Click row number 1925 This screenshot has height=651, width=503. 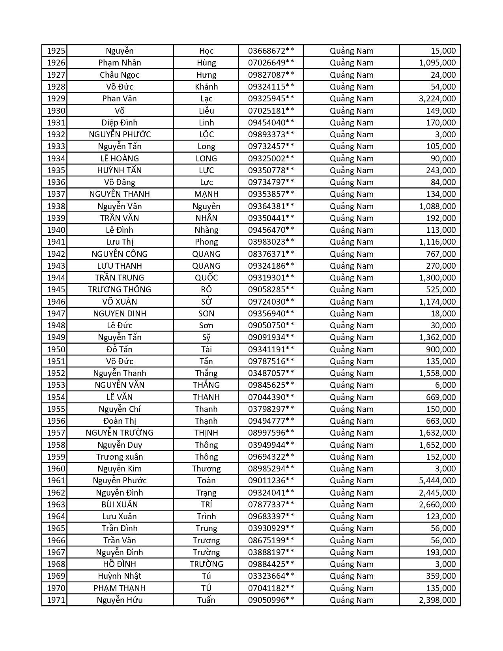[x=56, y=51]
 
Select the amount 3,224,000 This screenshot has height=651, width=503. [x=437, y=99]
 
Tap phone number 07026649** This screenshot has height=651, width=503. [x=271, y=63]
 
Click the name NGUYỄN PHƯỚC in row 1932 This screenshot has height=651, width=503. [x=120, y=135]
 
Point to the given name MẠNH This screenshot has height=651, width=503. [x=206, y=194]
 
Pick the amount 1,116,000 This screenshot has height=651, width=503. [x=437, y=242]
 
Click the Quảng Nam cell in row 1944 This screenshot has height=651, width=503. [x=351, y=278]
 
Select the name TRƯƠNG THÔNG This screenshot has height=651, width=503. [x=120, y=290]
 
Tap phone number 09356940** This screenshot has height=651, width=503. [x=271, y=314]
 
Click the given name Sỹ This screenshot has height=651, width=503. [x=206, y=337]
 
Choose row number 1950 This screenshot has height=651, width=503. [x=56, y=350]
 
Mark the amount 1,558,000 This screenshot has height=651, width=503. [x=437, y=373]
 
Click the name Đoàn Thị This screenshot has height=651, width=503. [x=120, y=421]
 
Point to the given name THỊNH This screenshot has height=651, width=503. [x=206, y=433]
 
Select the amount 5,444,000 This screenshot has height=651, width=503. [x=437, y=481]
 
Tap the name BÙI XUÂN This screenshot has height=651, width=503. [x=120, y=505]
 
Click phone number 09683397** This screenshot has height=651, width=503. [x=271, y=516]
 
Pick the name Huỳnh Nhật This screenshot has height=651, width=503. [x=120, y=576]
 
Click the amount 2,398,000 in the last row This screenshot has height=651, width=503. [x=437, y=600]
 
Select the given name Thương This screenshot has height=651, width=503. [x=206, y=469]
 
